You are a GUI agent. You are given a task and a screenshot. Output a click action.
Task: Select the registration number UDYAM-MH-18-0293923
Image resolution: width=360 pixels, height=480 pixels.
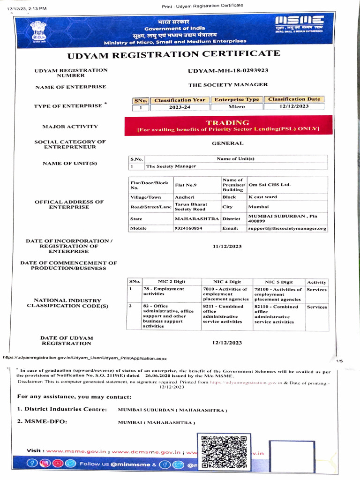click(x=228, y=70)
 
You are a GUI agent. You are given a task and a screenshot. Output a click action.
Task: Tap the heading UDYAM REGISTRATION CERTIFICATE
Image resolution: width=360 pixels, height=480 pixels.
click(x=174, y=54)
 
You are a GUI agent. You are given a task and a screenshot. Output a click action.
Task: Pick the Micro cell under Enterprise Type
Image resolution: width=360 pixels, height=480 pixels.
click(x=236, y=107)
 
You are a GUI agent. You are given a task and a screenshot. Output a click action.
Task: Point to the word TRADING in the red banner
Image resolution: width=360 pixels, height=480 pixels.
click(x=228, y=122)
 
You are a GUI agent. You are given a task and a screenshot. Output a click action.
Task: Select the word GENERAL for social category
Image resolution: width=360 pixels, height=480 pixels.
click(x=227, y=143)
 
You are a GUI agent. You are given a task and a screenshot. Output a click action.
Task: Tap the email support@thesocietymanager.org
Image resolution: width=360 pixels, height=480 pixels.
click(x=287, y=228)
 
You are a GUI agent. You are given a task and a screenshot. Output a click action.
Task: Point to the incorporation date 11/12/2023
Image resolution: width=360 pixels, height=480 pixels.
click(x=227, y=246)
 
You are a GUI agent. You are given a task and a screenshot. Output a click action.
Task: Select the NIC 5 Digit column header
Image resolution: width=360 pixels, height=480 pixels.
click(x=278, y=282)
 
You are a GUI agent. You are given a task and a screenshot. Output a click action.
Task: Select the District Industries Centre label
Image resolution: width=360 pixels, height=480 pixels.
click(x=62, y=409)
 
